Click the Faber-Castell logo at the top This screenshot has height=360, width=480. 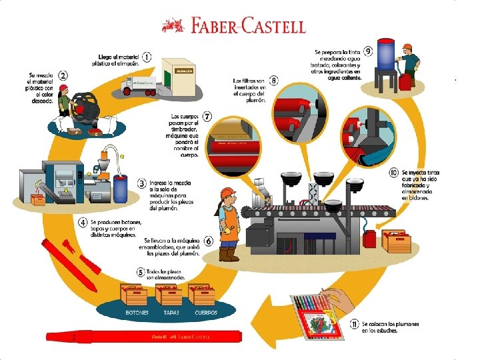coord(234,25)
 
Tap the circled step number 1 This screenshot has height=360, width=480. coord(145,58)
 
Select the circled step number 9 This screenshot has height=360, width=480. coord(367,51)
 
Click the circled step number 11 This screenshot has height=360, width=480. coord(354,325)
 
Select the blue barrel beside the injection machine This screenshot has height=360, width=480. coord(121,189)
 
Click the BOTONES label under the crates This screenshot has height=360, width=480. coord(137,312)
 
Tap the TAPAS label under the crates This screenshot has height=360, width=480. coord(171,312)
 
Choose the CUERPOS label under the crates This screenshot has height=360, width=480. coord(205,312)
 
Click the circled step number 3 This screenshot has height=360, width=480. coord(141,182)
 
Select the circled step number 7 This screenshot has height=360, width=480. coord(207,118)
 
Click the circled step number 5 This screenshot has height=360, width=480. coord(140,271)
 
